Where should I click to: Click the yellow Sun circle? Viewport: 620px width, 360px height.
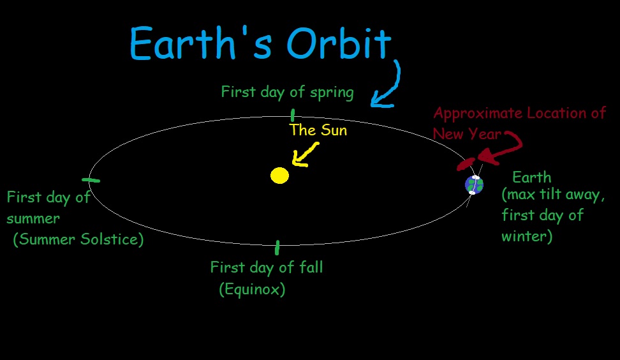click(279, 176)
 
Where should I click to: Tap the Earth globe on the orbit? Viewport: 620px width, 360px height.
click(473, 184)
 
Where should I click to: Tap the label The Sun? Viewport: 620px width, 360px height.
click(318, 130)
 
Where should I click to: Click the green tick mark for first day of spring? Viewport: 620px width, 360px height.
click(292, 116)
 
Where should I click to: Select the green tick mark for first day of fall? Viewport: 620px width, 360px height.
click(277, 248)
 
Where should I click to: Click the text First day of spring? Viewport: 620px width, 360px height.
click(287, 92)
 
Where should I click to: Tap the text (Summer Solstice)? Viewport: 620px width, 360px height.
click(78, 239)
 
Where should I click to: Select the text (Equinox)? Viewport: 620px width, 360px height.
click(252, 289)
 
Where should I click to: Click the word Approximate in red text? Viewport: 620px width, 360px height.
click(476, 114)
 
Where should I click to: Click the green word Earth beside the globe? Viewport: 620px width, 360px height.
click(531, 177)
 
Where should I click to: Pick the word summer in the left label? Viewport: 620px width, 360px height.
click(33, 218)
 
